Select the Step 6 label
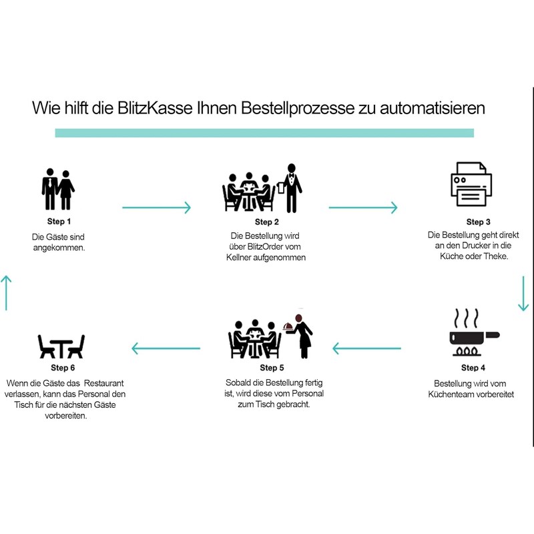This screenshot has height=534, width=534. [x=63, y=367]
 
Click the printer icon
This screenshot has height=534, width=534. [x=471, y=185]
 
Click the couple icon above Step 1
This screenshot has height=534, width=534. [x=58, y=189]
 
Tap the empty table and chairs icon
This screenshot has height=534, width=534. [x=61, y=346]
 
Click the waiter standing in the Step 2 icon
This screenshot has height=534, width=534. [x=291, y=188]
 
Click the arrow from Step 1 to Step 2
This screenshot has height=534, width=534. [x=157, y=208]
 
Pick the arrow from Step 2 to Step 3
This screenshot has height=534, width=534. [x=363, y=208]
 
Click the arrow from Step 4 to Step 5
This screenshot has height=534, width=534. [x=366, y=348]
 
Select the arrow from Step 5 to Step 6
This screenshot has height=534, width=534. [x=166, y=348]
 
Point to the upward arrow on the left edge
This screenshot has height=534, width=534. [x=6, y=292]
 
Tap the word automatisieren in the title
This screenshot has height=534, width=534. [x=427, y=108]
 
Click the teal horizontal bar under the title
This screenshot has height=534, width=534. [x=264, y=133]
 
